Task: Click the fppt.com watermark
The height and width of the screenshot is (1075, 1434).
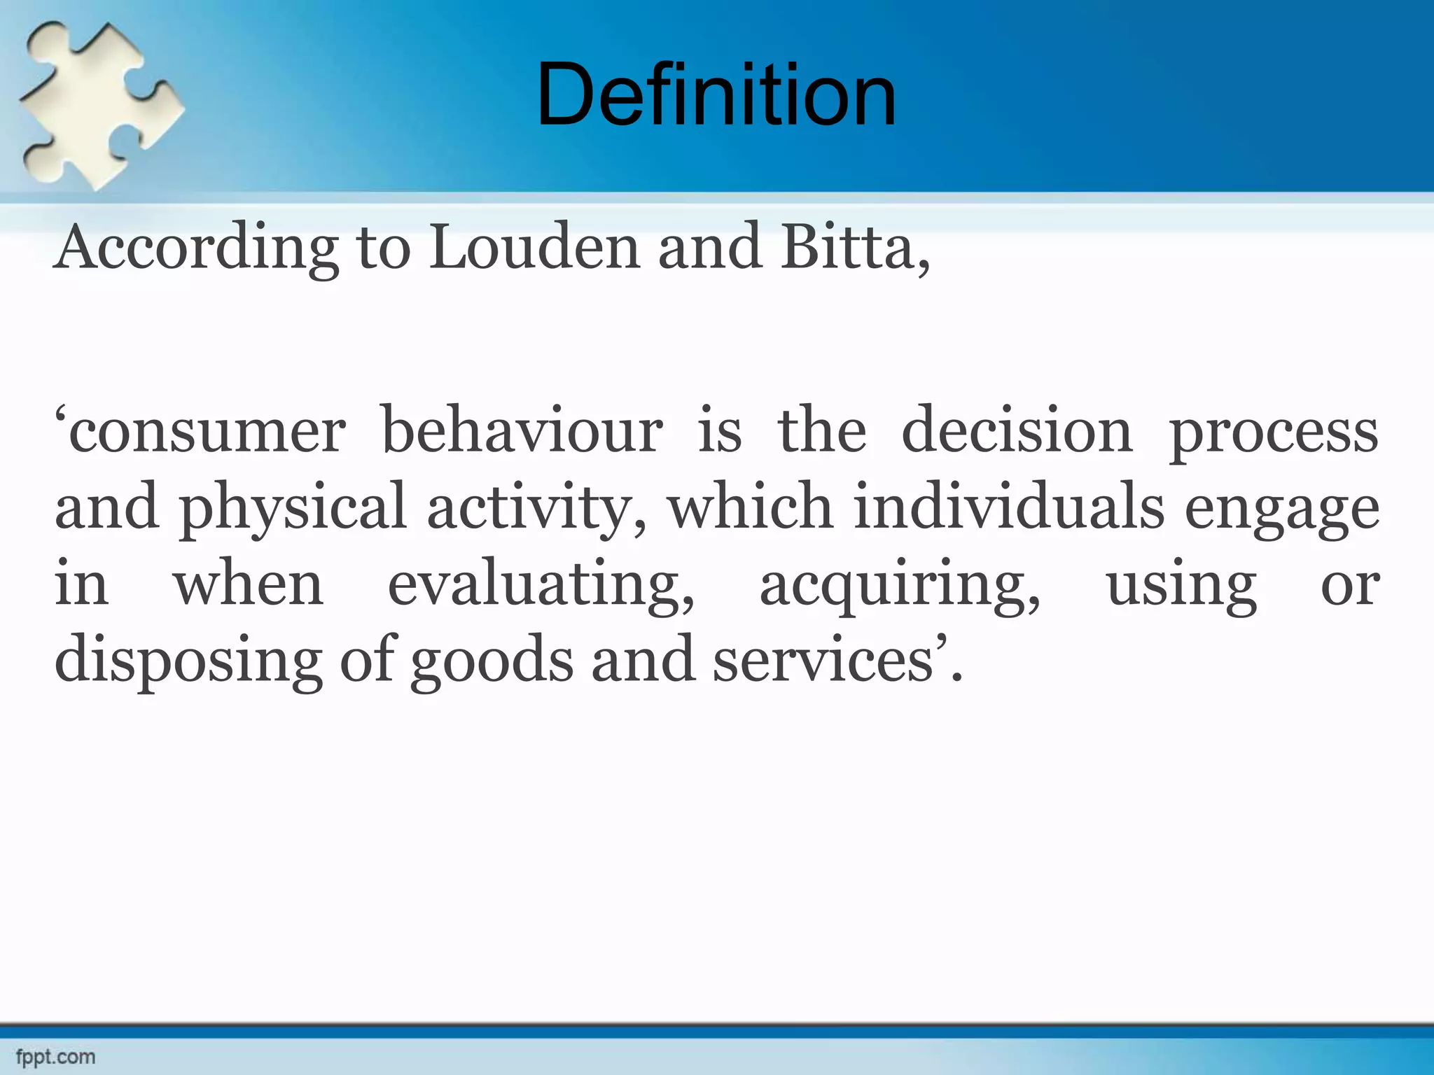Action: pyautogui.click(x=55, y=1056)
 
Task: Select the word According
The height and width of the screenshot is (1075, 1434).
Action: pyautogui.click(x=195, y=248)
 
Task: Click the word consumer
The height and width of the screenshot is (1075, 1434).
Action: pyautogui.click(x=206, y=432)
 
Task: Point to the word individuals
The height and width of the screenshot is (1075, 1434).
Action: pyautogui.click(x=1009, y=507)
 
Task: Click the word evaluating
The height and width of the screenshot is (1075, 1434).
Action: pyautogui.click(x=541, y=585)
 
